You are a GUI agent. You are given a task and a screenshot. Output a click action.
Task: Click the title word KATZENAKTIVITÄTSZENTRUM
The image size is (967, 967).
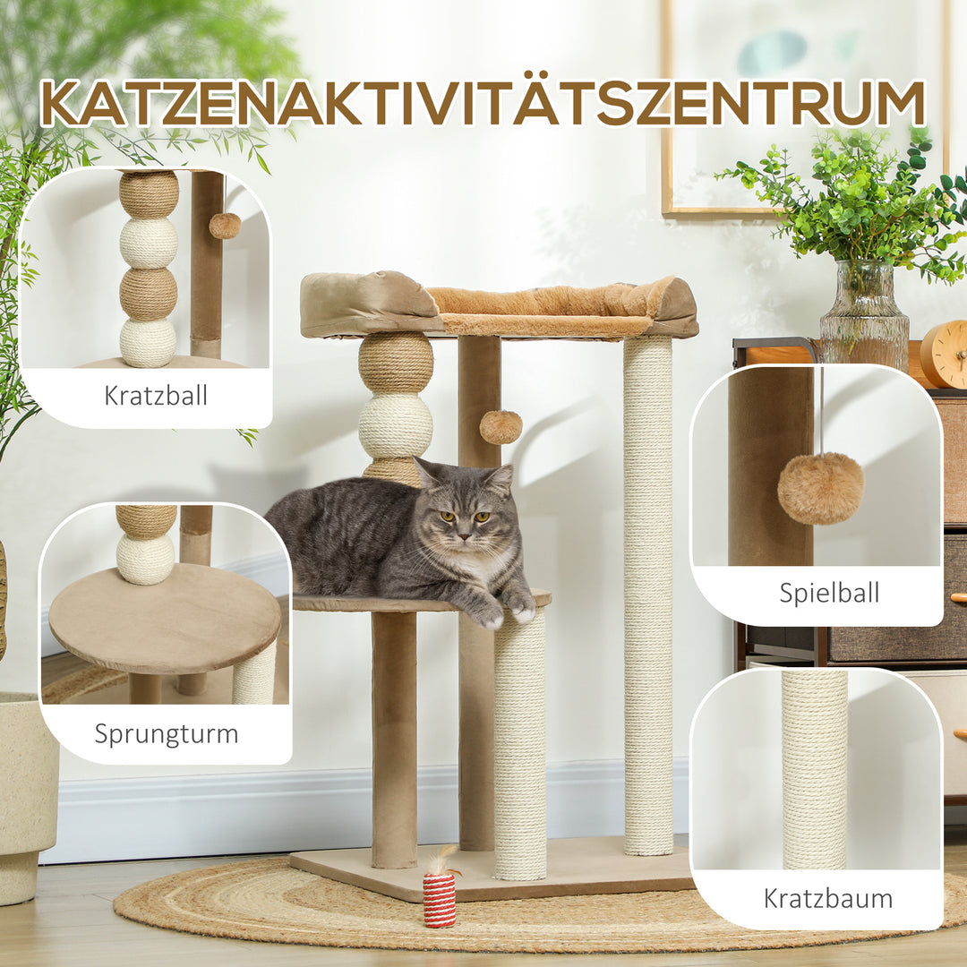[483, 104]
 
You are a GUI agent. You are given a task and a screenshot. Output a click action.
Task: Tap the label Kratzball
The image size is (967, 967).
[156, 395]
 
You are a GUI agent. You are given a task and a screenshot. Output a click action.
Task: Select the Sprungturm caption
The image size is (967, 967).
[167, 733]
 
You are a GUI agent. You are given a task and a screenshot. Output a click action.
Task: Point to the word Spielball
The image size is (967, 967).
[829, 592]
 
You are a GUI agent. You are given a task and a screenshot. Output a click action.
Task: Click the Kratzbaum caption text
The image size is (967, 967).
[828, 898]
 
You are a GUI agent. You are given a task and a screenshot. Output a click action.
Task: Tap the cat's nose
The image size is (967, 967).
[464, 535]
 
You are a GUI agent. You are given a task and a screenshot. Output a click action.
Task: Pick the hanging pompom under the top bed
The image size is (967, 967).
[501, 427]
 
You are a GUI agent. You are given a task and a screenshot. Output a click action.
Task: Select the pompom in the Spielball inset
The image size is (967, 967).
[820, 487]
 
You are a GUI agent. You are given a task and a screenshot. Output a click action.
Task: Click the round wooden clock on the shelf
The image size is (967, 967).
[945, 355]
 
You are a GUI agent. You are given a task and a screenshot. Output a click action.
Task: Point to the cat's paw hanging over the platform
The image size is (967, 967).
[521, 610]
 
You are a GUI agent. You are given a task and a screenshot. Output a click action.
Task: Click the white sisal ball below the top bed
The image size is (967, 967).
[396, 426]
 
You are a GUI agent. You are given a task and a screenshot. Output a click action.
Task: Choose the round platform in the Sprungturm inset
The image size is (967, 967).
[165, 618]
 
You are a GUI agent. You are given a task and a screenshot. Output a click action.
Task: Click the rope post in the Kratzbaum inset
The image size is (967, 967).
[814, 770]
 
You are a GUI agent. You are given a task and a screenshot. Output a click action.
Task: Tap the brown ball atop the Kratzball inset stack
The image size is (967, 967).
[149, 193]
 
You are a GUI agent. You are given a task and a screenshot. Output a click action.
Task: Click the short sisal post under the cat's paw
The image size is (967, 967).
[519, 743]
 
